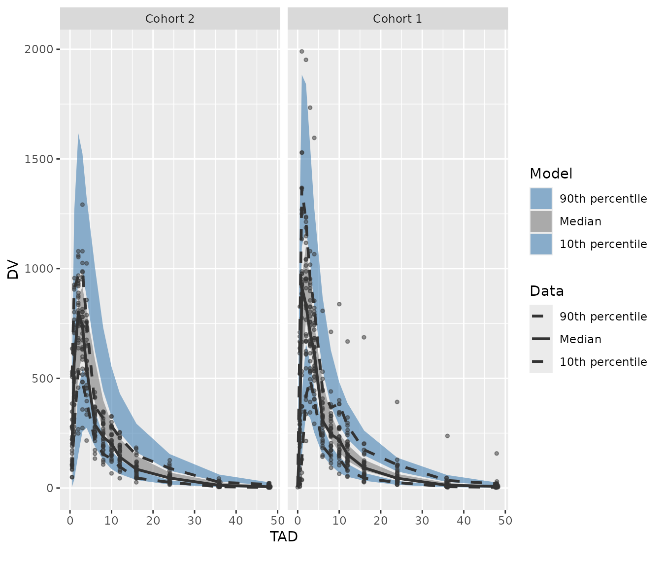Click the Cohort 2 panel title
pyautogui.click(x=170, y=19)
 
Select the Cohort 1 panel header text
pyautogui.click(x=397, y=19)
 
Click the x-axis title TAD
pyautogui.click(x=284, y=536)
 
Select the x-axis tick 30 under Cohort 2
pyautogui.click(x=195, y=521)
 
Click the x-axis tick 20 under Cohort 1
pyautogui.click(x=380, y=521)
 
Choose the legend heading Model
pyautogui.click(x=551, y=174)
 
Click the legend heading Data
pyautogui.click(x=546, y=291)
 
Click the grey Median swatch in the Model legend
pyautogui.click(x=541, y=221)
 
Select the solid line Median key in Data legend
pyautogui.click(x=541, y=339)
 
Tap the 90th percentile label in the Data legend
pyautogui.click(x=603, y=317)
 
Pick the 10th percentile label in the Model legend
pyautogui.click(x=603, y=244)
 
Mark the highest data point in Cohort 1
pyautogui.click(x=301, y=51)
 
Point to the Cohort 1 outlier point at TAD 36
pyautogui.click(x=447, y=436)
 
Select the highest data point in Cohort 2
pyautogui.click(x=82, y=204)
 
